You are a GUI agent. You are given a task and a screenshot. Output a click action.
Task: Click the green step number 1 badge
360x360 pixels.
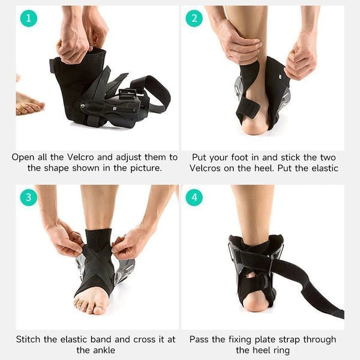point(29,18)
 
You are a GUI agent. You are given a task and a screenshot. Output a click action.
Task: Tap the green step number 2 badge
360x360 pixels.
point(194,18)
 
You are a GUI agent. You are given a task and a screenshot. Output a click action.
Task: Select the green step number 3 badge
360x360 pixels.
point(29,197)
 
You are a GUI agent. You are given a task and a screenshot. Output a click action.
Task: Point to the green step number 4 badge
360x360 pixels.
point(194,197)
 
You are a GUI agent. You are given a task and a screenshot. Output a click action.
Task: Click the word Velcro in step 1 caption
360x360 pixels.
point(80,157)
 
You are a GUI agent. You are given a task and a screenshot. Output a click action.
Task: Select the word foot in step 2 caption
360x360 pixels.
point(239,157)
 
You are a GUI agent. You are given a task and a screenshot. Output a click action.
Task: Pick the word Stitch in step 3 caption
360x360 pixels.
point(28,340)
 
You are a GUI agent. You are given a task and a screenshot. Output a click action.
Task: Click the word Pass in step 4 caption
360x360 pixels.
point(200,340)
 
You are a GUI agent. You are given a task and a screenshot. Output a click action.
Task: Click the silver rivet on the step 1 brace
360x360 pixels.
point(82,106)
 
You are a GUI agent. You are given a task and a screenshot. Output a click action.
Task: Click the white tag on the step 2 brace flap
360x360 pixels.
point(281,77)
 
